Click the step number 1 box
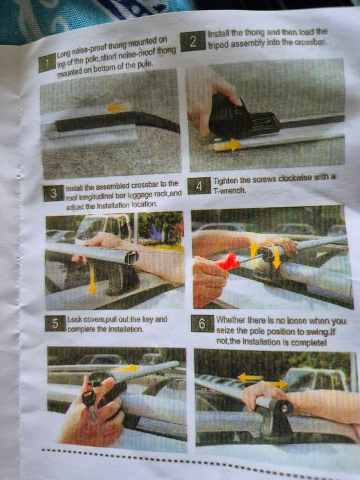click(x=47, y=63)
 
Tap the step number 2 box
click(x=193, y=41)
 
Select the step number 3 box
click(x=54, y=194)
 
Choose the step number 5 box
click(x=55, y=323)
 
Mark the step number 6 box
click(x=202, y=324)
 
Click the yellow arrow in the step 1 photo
click(x=118, y=108)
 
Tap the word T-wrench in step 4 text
click(x=230, y=190)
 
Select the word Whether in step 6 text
click(x=230, y=320)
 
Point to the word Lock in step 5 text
click(x=75, y=320)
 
